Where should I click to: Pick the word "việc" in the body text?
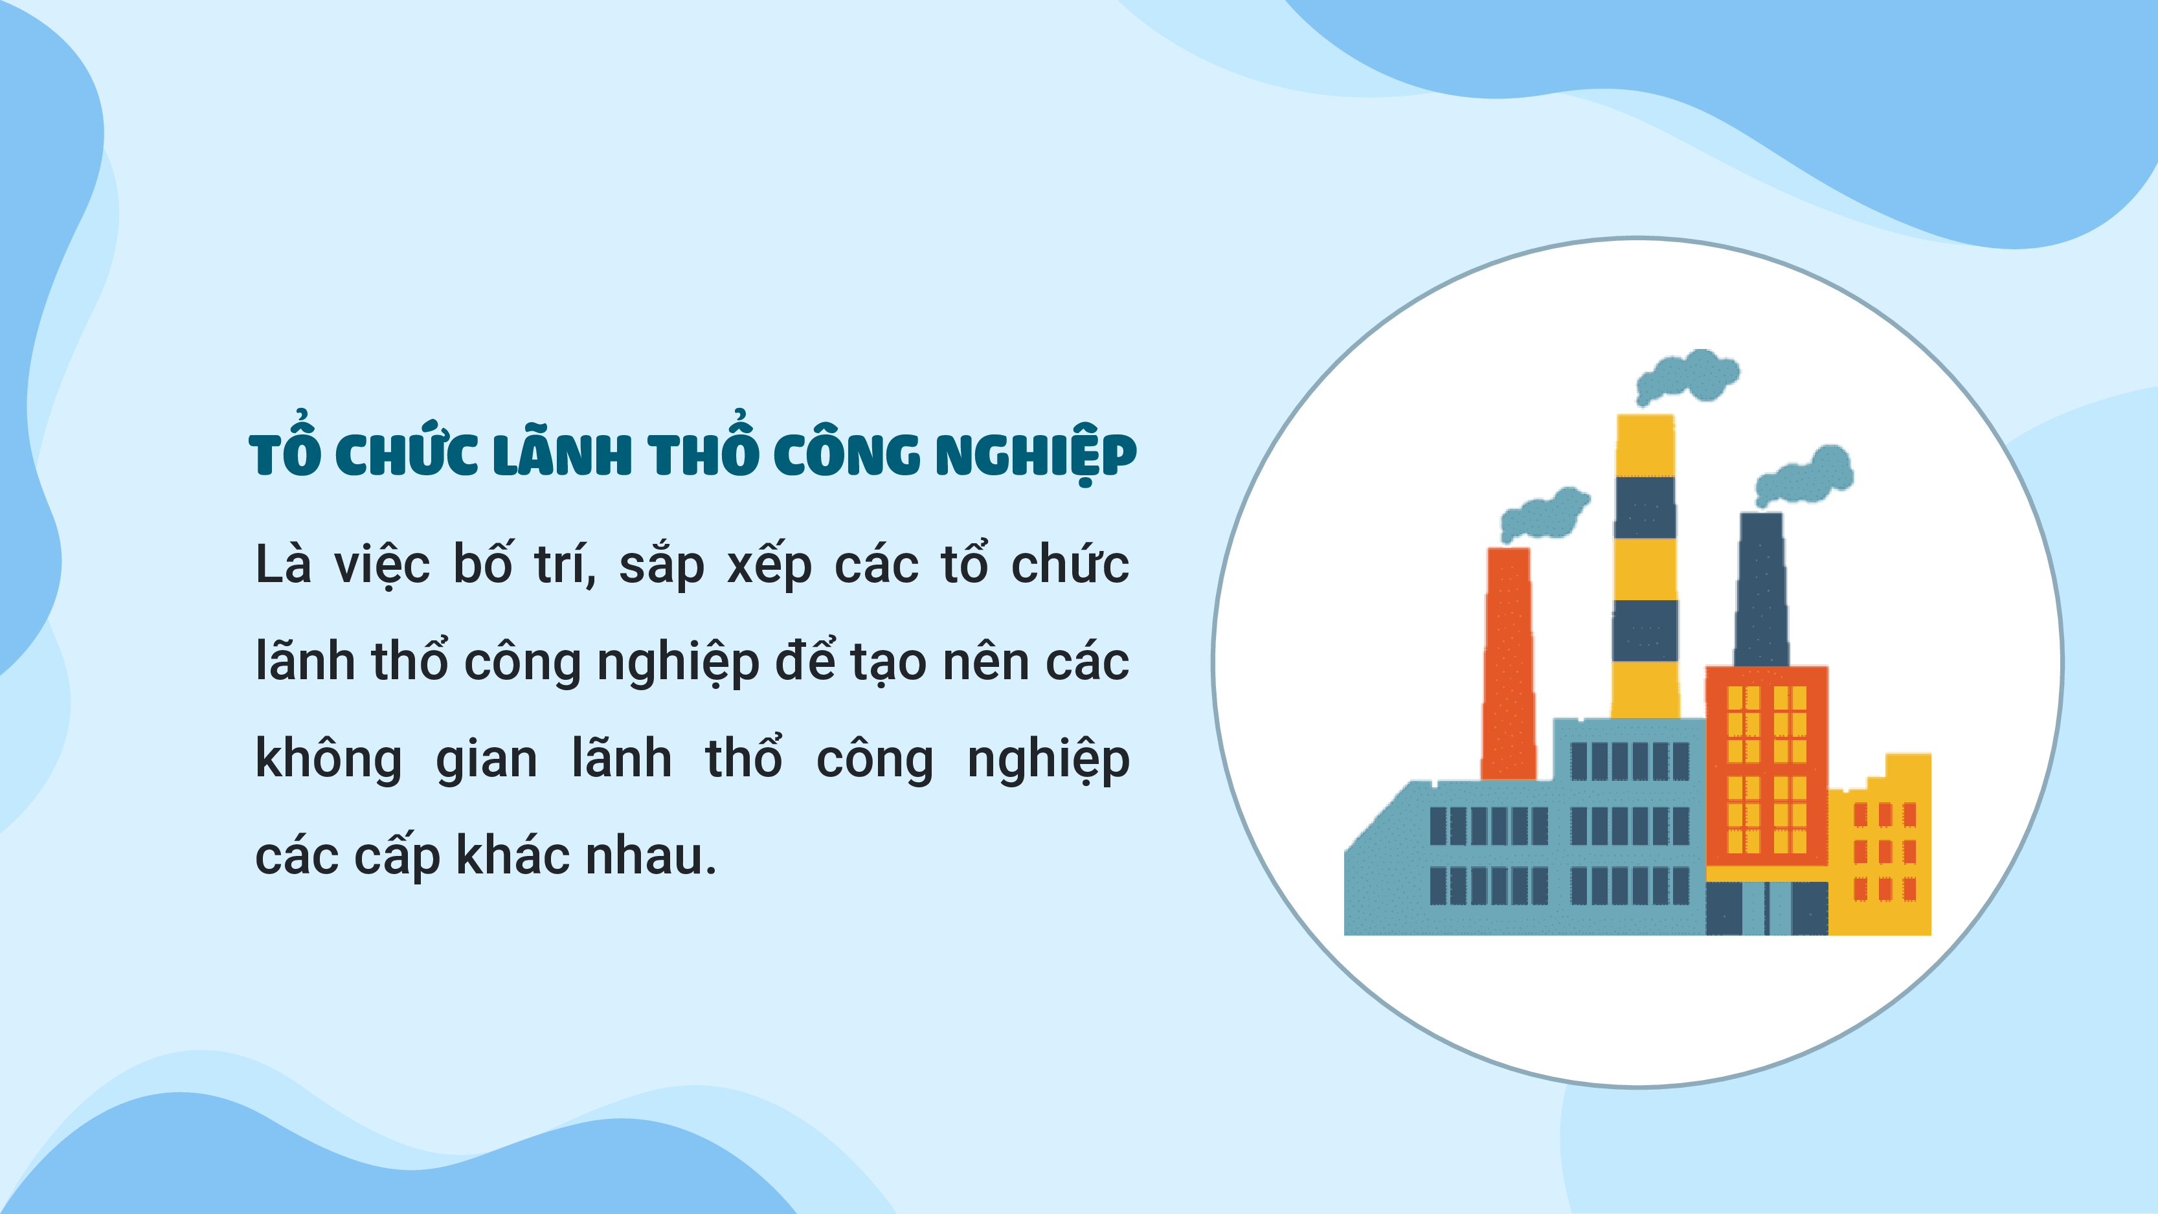(x=382, y=565)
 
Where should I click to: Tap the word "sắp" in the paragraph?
(x=662, y=565)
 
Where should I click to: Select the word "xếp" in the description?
(x=769, y=565)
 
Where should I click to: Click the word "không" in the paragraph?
(x=328, y=758)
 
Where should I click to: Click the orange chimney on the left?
(x=1509, y=664)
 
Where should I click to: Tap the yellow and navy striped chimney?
(x=1645, y=567)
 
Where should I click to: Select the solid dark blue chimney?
(x=1762, y=589)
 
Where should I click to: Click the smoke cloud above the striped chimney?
(x=1687, y=377)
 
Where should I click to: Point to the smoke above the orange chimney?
(x=1545, y=513)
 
